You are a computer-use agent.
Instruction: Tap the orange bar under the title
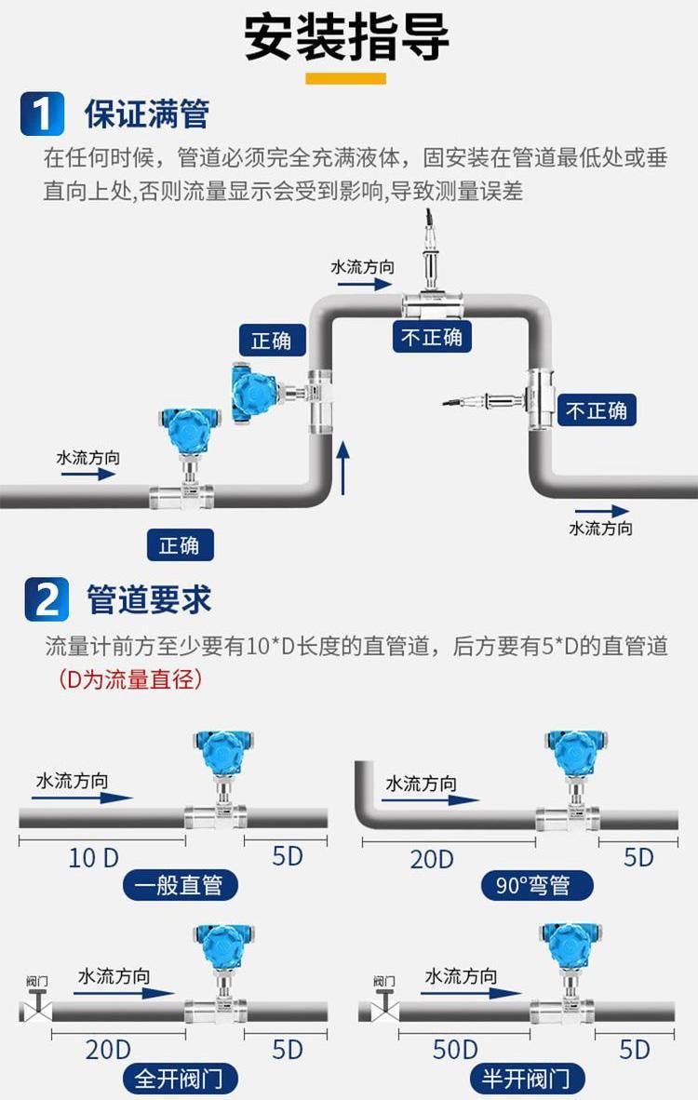[x=346, y=78]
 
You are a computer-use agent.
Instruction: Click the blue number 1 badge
[x=42, y=114]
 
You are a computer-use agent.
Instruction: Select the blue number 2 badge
[x=46, y=598]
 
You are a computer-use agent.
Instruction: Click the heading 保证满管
[x=146, y=114]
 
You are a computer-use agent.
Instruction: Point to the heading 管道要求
[x=149, y=599]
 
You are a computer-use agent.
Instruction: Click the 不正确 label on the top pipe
[x=431, y=336]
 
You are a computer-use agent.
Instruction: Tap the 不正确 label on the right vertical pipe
[x=597, y=410]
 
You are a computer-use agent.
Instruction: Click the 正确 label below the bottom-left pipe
[x=179, y=544]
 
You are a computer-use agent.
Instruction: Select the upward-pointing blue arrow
[x=343, y=468]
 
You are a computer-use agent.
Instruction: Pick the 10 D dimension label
[x=93, y=857]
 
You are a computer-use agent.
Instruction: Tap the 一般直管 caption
[x=179, y=885]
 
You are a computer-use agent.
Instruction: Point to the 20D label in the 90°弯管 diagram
[x=432, y=858]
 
